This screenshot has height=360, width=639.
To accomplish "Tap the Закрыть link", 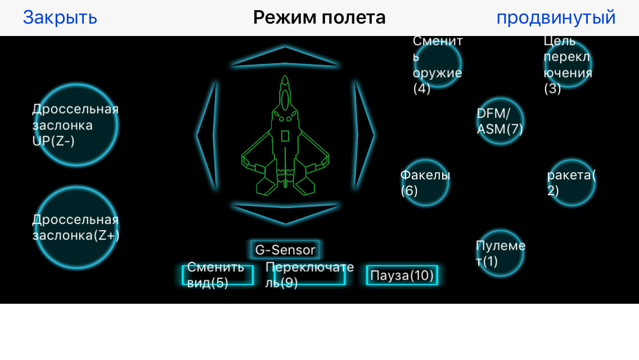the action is (60, 17).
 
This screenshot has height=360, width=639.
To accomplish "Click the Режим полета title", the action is (319, 17).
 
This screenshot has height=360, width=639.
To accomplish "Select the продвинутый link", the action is (556, 17).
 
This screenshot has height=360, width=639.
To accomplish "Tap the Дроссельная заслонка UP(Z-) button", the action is (77, 125).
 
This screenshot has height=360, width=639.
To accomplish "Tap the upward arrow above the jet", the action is (285, 57).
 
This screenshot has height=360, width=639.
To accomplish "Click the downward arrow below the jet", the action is (285, 213).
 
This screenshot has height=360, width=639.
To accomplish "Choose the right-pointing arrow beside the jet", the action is (363, 135).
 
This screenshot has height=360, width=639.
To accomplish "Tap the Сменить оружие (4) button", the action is (438, 63).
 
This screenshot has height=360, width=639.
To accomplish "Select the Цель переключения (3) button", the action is (568, 64).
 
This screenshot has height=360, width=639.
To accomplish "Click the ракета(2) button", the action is (571, 183).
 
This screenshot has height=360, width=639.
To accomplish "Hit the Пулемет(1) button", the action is (500, 254).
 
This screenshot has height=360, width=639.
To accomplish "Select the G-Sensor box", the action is (285, 250).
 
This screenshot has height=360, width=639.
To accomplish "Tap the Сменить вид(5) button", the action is (217, 275).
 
